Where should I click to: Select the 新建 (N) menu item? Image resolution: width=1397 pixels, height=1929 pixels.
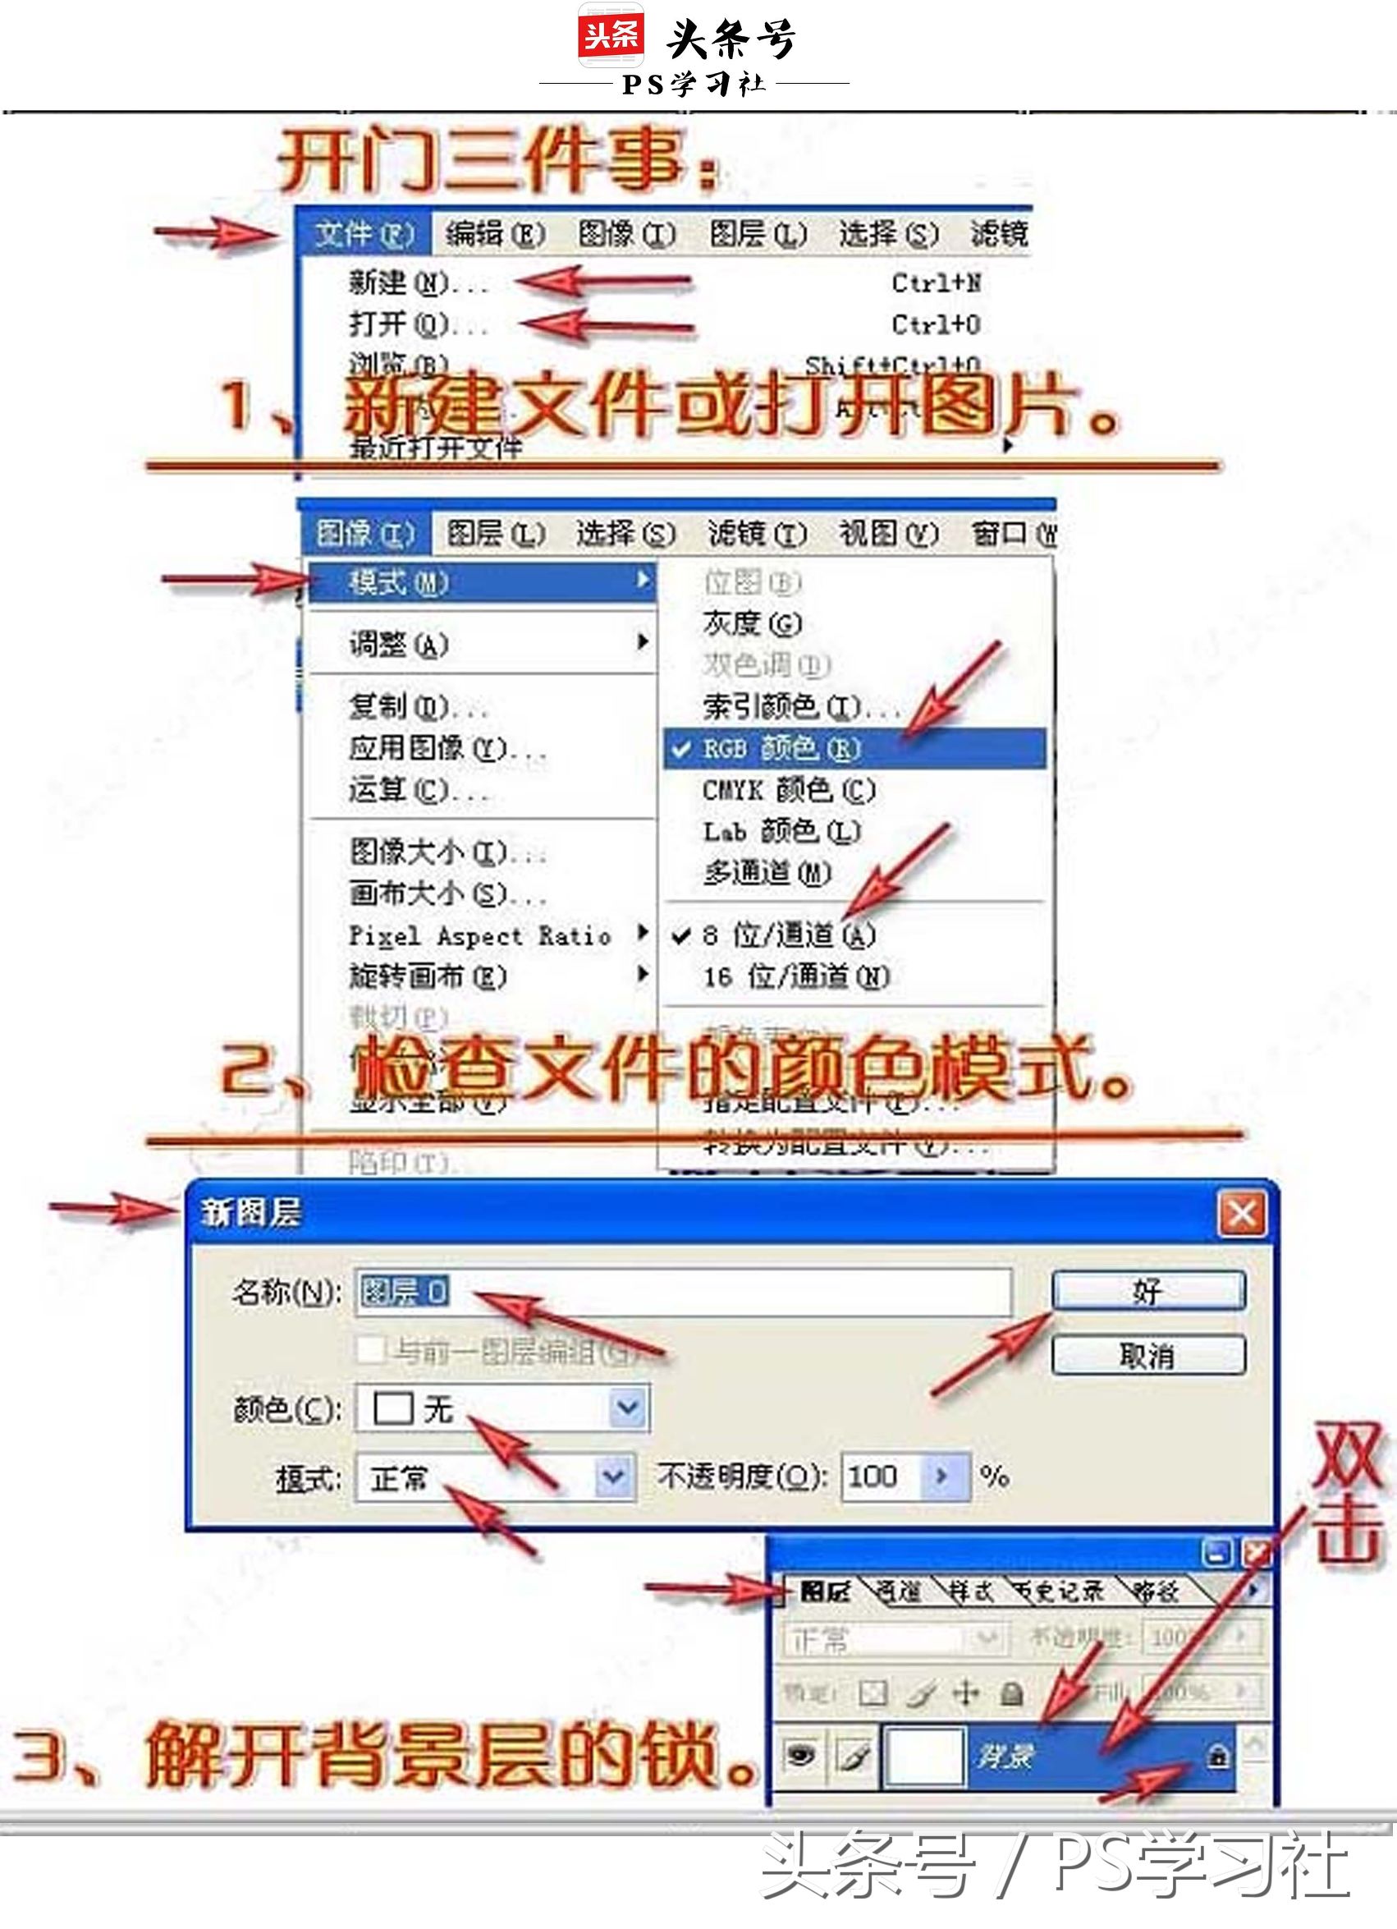[x=399, y=282]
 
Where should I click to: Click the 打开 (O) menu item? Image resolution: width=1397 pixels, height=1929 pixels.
[x=399, y=324]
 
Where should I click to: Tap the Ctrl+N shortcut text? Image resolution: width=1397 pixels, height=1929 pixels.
[x=937, y=282]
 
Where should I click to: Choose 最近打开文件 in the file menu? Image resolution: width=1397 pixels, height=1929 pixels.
[x=435, y=448]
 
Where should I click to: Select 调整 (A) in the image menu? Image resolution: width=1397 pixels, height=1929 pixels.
[x=399, y=644]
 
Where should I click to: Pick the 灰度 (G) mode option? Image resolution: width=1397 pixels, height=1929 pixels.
[x=753, y=623]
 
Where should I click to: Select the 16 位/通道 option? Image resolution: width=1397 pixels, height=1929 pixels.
[x=797, y=976]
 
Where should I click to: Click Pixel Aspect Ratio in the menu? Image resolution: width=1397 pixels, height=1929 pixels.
[x=480, y=935]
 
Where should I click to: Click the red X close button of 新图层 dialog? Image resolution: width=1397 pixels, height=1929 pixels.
[x=1241, y=1213]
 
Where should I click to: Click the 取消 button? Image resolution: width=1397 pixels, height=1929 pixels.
[x=1147, y=1356]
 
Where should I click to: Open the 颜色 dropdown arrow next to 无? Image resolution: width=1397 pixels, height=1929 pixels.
[x=628, y=1408]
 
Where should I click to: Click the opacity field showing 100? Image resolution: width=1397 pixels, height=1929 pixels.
[x=881, y=1476]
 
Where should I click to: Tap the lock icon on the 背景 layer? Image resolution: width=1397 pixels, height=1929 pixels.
[x=1217, y=1756]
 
